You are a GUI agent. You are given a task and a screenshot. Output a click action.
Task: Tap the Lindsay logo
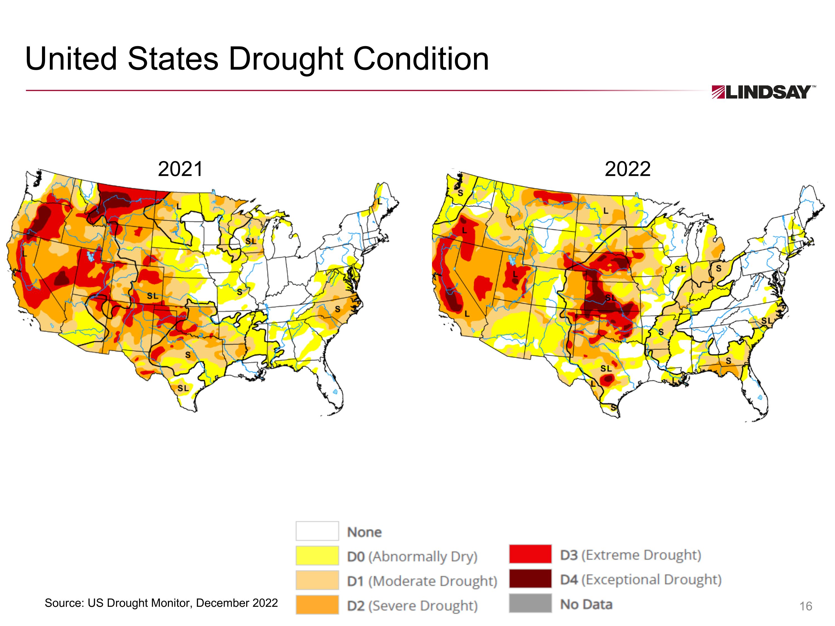click(763, 92)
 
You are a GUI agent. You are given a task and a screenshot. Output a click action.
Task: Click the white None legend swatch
click(317, 531)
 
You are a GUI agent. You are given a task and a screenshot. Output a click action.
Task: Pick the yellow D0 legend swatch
click(317, 555)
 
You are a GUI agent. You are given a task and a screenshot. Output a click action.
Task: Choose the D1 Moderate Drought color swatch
click(317, 580)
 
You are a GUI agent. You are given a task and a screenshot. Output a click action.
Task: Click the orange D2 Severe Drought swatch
click(317, 605)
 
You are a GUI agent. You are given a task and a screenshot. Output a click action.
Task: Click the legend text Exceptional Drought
click(652, 580)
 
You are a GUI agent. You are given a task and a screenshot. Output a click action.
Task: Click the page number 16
click(805, 606)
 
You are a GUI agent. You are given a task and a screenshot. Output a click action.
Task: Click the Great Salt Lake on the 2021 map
click(90, 257)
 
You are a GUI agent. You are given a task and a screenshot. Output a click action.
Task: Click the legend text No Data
click(586, 604)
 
